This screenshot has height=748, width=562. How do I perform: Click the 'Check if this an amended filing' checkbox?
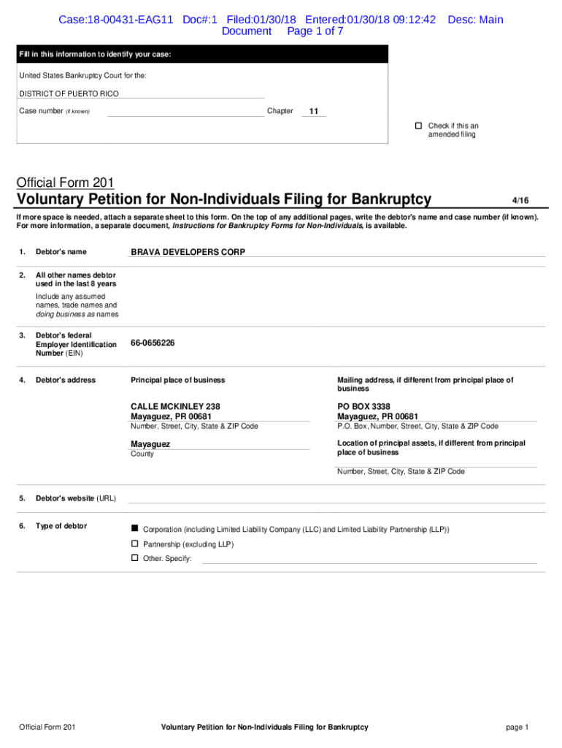coord(419,126)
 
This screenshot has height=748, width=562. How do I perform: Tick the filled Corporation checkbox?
coord(134,527)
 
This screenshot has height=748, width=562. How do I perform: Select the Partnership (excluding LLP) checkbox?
coord(134,543)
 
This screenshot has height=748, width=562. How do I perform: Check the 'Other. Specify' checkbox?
coord(134,558)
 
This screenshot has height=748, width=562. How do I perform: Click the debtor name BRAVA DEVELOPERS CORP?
coord(188,252)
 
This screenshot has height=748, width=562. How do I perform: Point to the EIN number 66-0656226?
coord(153,343)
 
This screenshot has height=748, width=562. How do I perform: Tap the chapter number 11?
coord(313,112)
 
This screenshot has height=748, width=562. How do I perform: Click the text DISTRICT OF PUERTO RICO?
coord(69,93)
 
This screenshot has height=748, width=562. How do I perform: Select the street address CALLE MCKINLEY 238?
coord(175,406)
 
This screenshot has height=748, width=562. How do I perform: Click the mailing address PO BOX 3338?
coord(363,406)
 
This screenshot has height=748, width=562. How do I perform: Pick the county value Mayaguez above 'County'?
coord(150,444)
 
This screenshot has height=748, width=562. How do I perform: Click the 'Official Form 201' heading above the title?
coord(66,183)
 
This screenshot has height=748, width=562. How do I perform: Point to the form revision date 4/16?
coord(520,199)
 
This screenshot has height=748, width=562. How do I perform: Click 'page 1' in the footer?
coord(517,727)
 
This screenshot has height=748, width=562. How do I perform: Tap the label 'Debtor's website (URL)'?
coord(76,498)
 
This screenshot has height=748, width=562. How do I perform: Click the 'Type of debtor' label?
coord(61,526)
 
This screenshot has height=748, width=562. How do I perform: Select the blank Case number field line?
coord(185,112)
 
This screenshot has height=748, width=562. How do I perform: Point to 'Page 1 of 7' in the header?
coord(315,31)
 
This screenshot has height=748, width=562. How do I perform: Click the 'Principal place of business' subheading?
coord(177,380)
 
